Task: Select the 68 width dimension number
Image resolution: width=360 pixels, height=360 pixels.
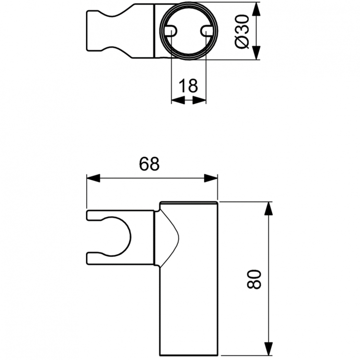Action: (x=149, y=164)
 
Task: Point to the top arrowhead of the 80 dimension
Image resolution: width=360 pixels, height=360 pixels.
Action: (x=269, y=209)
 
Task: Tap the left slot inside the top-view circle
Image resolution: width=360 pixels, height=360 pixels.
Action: (x=170, y=31)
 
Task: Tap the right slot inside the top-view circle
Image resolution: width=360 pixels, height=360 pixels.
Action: (x=207, y=31)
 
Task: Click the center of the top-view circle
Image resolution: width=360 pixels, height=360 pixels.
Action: (x=189, y=31)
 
